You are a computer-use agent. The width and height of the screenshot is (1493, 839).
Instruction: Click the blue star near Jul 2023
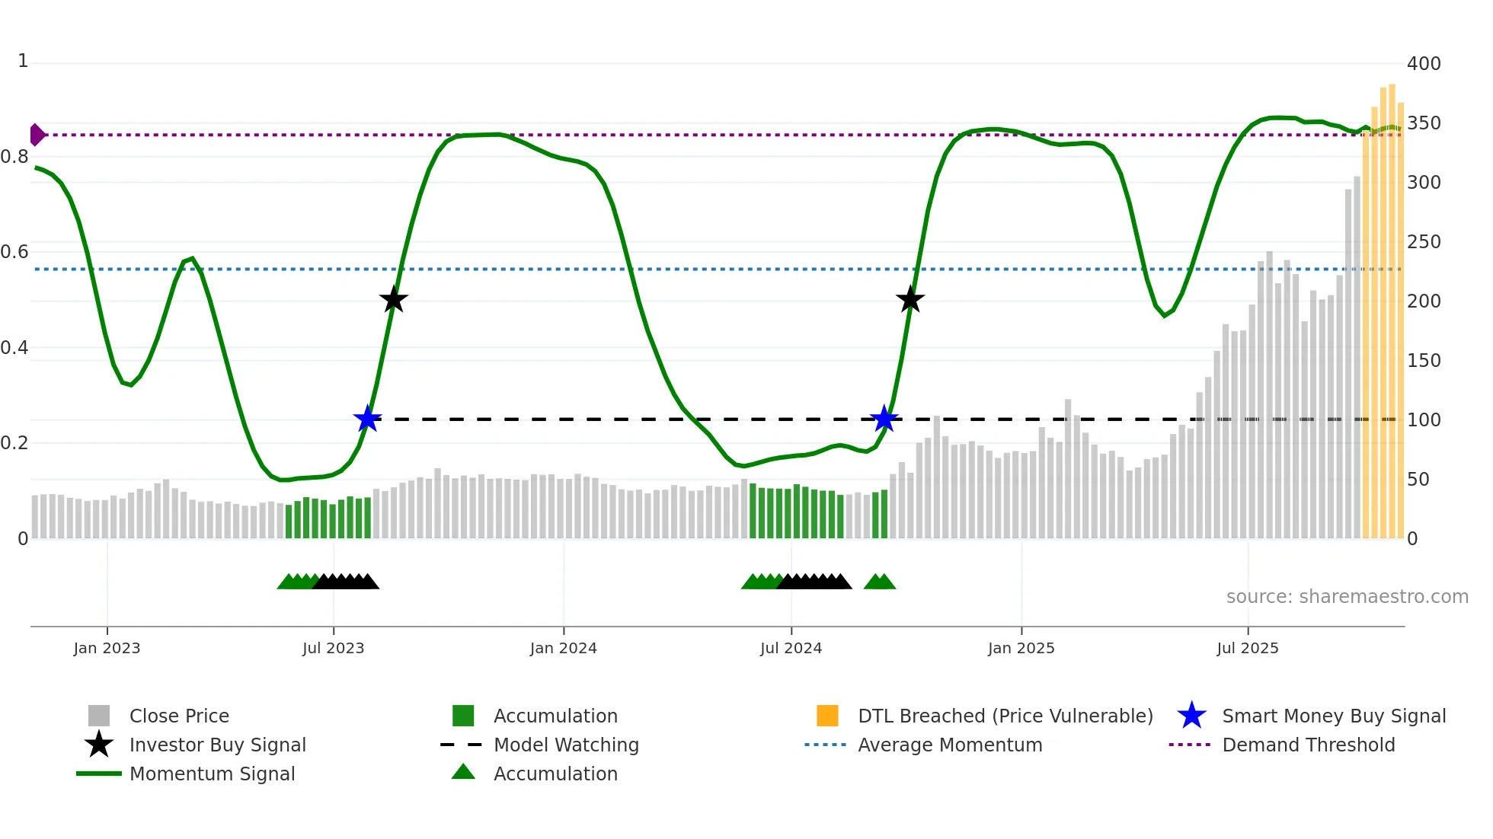[367, 419]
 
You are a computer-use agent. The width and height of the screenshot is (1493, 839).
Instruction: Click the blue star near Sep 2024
[884, 419]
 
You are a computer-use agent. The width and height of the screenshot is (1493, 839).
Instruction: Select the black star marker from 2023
[393, 300]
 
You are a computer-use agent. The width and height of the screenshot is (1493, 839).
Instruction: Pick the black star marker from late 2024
[910, 300]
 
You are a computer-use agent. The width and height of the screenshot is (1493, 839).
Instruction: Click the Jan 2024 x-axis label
[563, 649]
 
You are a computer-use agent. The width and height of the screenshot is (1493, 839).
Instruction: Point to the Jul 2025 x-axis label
[1247, 649]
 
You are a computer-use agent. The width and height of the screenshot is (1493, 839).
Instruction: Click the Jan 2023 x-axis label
[107, 649]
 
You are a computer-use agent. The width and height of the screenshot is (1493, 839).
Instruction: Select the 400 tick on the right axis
[1423, 64]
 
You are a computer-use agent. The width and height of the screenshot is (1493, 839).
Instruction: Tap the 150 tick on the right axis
[1423, 361]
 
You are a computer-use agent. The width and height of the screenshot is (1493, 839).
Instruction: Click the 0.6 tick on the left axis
[14, 252]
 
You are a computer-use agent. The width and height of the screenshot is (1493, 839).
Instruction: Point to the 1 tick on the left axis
[23, 61]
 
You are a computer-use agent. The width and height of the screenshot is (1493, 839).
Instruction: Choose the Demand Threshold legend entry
[1308, 745]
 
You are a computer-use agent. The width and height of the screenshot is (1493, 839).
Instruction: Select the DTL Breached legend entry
[1005, 716]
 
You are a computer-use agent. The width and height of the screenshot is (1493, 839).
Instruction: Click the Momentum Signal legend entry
[212, 774]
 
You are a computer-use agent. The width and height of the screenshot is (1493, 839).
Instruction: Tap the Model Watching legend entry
[565, 745]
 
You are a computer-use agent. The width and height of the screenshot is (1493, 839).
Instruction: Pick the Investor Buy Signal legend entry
[217, 745]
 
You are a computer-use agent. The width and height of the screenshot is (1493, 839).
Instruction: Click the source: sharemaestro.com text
[1347, 597]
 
